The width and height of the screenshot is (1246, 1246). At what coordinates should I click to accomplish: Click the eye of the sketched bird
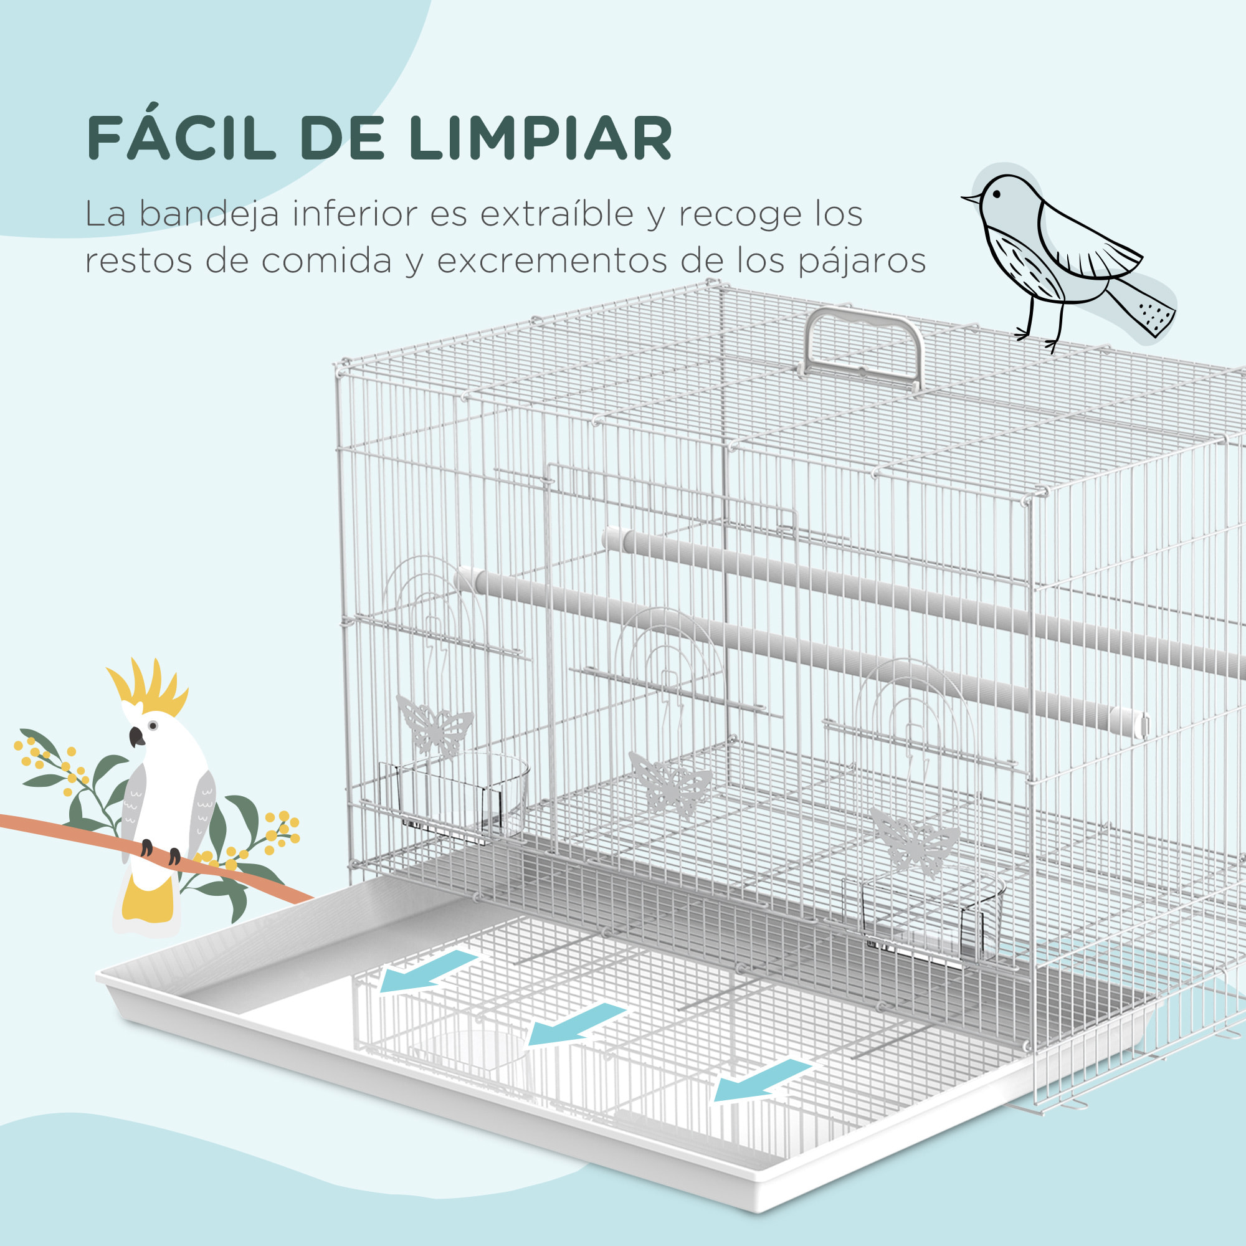coord(997,194)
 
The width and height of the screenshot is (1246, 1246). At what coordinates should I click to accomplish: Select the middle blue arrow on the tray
coord(574,1025)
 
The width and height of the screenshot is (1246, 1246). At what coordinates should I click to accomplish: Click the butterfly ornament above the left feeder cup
coord(434,725)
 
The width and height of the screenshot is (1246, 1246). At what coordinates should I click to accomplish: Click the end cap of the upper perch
coord(611,539)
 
